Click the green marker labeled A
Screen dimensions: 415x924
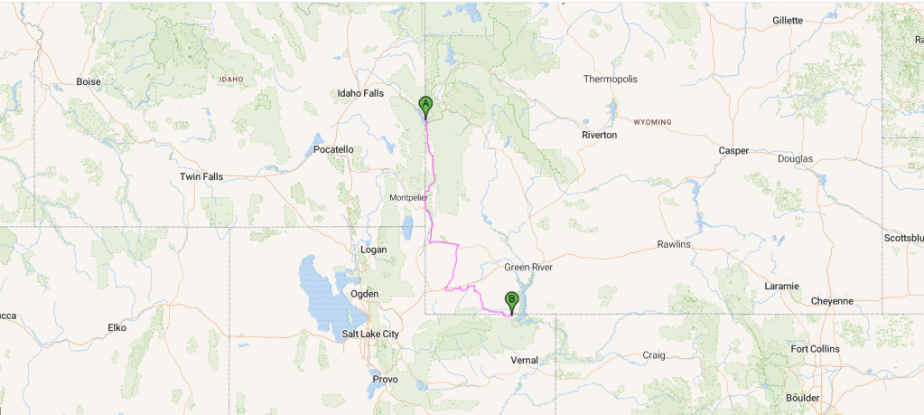[x=425, y=105]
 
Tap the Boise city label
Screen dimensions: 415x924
[x=89, y=81]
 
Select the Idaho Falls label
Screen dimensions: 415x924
[x=360, y=93]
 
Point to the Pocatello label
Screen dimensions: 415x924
[x=333, y=149]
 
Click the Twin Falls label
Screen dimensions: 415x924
[x=201, y=176]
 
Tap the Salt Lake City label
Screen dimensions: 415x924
[x=370, y=334]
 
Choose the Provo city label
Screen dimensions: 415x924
[x=385, y=379]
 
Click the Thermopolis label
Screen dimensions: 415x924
[x=611, y=80]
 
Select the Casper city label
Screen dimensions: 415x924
[x=733, y=150]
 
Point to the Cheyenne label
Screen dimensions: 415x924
[x=832, y=301]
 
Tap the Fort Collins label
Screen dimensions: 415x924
[x=815, y=348]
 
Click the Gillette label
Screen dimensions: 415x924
[x=788, y=20]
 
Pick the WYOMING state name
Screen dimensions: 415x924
[x=653, y=121]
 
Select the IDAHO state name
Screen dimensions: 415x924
[x=231, y=80]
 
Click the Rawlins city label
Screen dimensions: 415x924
[x=674, y=244]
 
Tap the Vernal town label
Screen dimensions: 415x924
[x=524, y=360]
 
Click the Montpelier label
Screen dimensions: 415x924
[x=407, y=197]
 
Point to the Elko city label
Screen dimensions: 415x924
[x=117, y=327]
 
